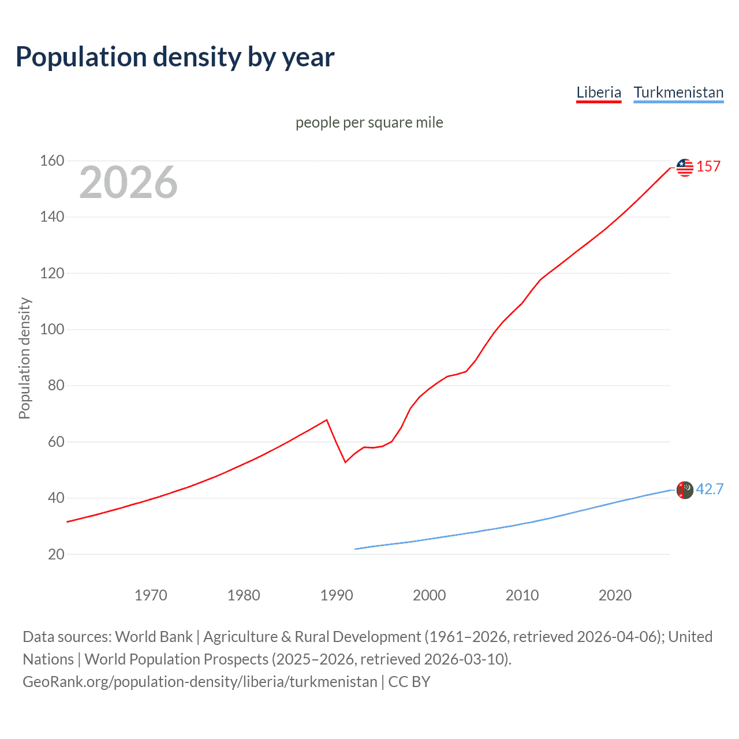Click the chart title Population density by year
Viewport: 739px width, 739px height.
point(175,57)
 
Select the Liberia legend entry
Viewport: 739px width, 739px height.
point(599,92)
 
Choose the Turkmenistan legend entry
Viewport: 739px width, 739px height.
point(678,92)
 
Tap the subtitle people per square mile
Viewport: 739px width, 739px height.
point(369,122)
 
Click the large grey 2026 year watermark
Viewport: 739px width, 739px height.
point(128,182)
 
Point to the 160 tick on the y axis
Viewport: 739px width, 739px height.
point(52,161)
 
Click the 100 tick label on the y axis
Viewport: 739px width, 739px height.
point(52,330)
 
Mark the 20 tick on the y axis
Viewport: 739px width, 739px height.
point(56,554)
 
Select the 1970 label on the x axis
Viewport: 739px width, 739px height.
point(151,595)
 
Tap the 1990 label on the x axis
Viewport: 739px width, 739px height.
point(337,595)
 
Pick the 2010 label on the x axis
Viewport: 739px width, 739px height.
point(522,595)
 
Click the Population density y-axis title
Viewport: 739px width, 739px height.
point(24,358)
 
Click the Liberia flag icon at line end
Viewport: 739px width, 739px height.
point(685,167)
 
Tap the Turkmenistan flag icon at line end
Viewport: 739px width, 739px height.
point(685,490)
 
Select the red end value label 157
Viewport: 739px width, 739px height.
point(708,166)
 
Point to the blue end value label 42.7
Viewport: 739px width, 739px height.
point(710,489)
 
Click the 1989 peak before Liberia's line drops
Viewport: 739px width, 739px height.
point(327,420)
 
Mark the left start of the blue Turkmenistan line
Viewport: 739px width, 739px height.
point(355,549)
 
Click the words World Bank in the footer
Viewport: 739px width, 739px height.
point(154,637)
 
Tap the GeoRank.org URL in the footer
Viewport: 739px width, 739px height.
point(200,682)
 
